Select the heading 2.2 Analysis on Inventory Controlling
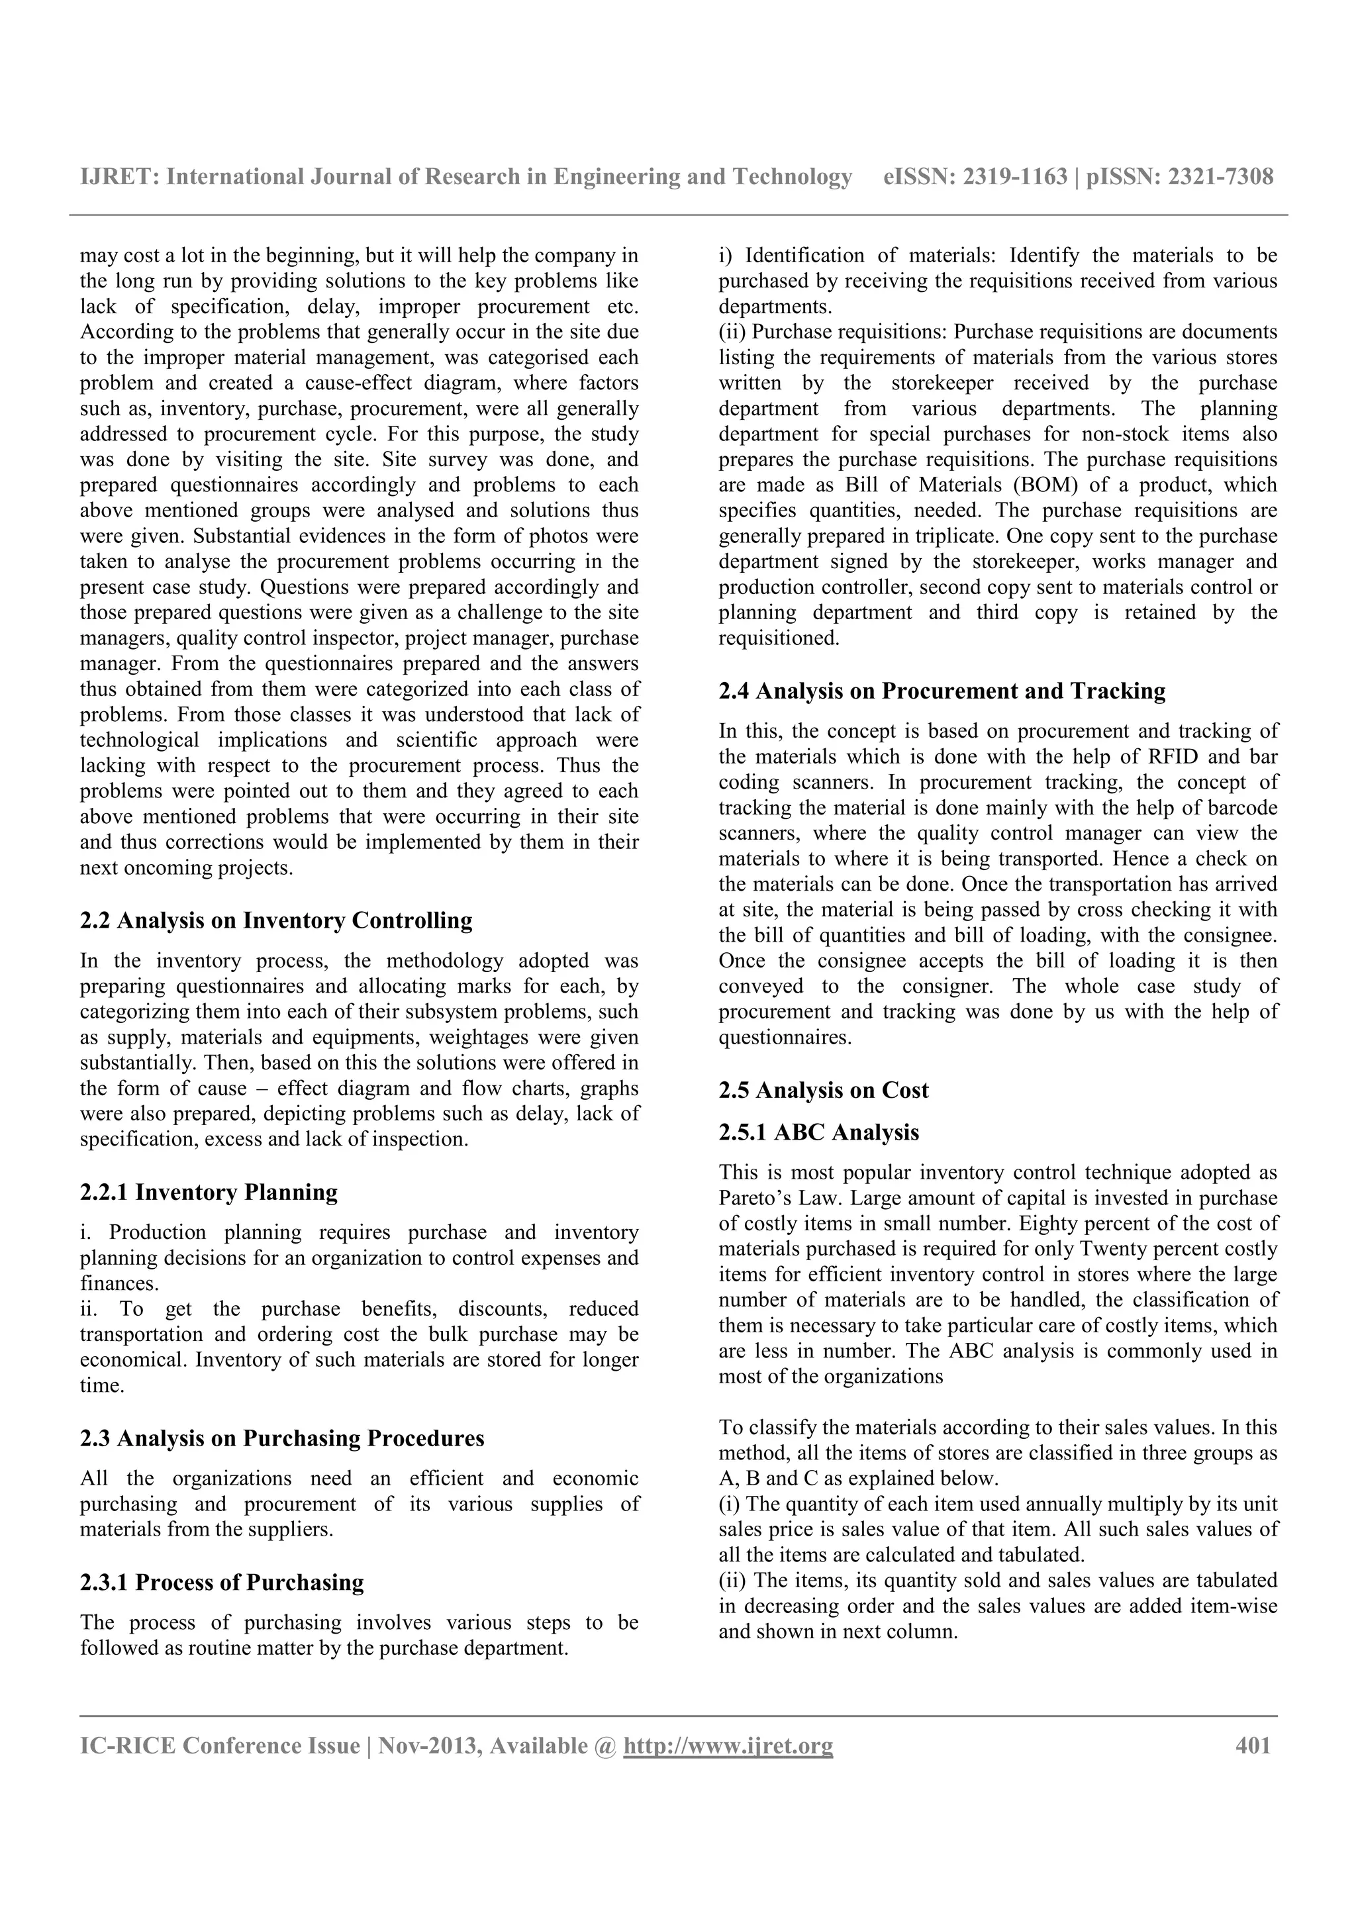coord(275,920)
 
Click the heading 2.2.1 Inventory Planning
coord(209,1192)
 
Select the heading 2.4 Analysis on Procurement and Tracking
coord(942,691)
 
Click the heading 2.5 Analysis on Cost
coord(824,1090)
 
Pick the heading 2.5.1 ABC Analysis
coord(819,1132)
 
